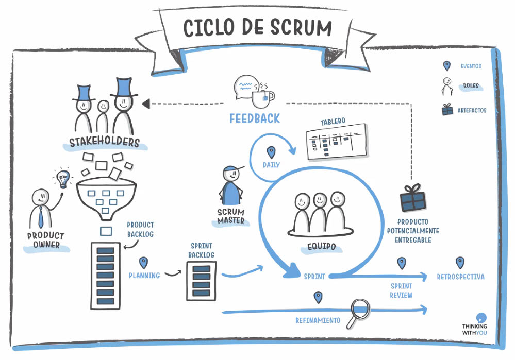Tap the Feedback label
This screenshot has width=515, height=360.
coord(254,118)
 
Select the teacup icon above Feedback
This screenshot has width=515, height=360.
coord(262,95)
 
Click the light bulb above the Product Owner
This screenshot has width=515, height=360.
coord(63,178)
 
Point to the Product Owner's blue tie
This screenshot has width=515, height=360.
coord(41,217)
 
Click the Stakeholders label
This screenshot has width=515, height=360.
coord(105,142)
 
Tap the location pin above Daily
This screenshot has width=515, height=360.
coord(271,152)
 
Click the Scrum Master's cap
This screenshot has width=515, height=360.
coord(231,170)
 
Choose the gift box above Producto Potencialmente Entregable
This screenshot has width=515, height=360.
coord(413,198)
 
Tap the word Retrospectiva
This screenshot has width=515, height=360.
coord(460,277)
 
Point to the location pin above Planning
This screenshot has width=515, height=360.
coord(143,263)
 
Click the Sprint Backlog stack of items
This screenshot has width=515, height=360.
coord(201,280)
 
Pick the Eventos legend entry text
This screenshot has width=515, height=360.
coord(471,66)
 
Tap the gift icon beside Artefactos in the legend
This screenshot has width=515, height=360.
coord(447,109)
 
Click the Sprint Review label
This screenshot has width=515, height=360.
coord(401,290)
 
